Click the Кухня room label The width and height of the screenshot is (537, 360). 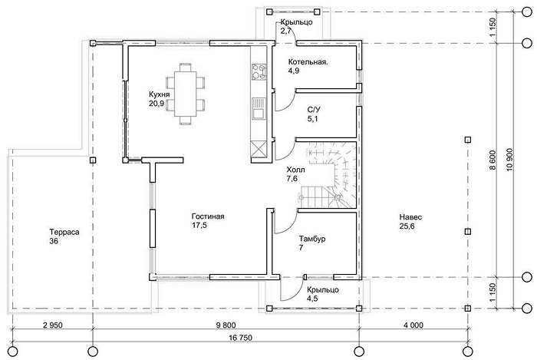(159, 94)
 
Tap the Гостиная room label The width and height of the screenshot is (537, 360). (208, 216)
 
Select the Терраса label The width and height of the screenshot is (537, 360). (64, 233)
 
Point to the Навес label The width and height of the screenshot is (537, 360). (410, 217)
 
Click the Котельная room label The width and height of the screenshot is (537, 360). (308, 62)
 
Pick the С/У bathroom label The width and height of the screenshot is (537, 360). (314, 110)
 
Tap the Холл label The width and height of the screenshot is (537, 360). (295, 170)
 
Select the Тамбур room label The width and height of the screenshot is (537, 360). (312, 239)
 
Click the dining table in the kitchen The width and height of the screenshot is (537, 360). (186, 94)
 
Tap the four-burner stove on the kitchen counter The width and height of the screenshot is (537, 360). (259, 72)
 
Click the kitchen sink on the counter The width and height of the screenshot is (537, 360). (259, 109)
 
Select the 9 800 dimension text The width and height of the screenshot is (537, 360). (226, 325)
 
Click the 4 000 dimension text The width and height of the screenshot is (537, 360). (413, 325)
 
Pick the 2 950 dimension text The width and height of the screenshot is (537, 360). (53, 325)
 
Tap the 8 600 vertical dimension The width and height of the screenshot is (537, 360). (493, 160)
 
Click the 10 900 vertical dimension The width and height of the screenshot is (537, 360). (509, 160)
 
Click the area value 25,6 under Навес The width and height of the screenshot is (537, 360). (407, 226)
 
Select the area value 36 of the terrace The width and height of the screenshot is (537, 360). (54, 241)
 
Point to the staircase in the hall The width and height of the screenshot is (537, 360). (329, 175)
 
